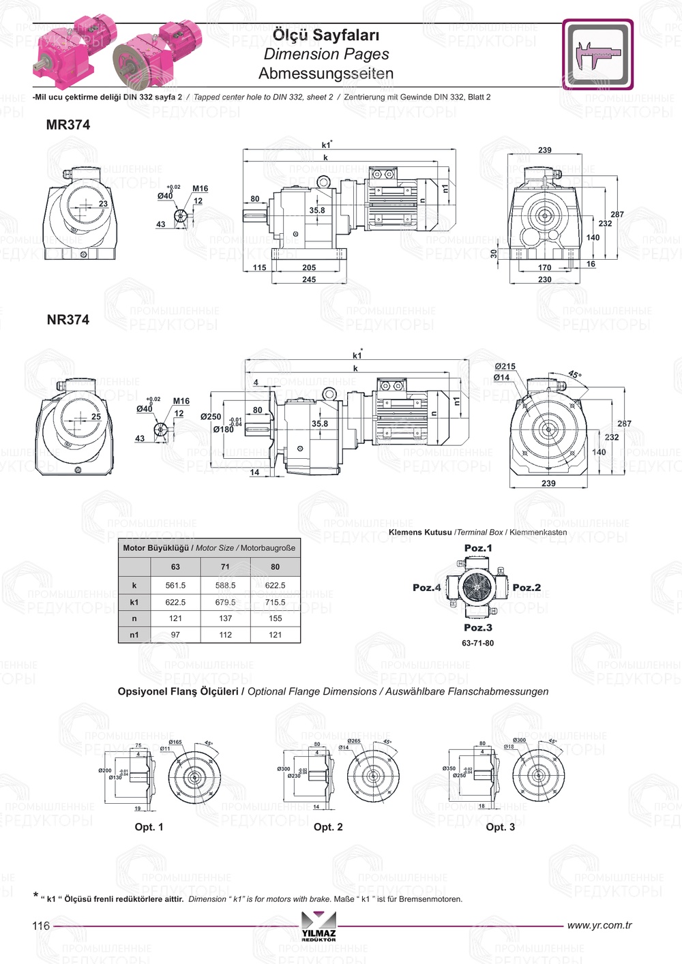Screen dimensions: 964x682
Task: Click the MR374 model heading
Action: point(68,125)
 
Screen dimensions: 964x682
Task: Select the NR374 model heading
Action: point(68,320)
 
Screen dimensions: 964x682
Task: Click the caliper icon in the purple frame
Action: point(597,55)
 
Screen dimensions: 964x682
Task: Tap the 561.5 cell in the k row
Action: point(175,586)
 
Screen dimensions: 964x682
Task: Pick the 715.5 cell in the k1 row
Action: point(275,603)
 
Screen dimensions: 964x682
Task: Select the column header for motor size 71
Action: point(225,567)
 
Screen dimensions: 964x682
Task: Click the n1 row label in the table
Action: point(134,635)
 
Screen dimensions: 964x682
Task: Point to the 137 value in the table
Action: point(225,618)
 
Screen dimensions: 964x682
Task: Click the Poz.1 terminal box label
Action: point(477,548)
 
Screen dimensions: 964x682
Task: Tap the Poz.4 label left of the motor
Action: point(426,588)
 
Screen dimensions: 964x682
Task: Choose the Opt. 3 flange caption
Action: point(500,827)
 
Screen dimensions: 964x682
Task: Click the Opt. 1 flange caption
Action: point(149,827)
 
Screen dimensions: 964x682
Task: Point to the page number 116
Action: point(41,926)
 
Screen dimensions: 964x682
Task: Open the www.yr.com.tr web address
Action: point(599,926)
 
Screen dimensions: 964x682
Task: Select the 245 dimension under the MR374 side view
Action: point(309,280)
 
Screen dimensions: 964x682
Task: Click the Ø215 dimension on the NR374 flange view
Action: point(505,367)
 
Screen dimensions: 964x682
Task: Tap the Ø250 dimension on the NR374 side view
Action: point(211,417)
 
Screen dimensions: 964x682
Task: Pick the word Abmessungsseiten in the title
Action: point(326,74)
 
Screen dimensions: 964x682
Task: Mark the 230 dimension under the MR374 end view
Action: point(544,280)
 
